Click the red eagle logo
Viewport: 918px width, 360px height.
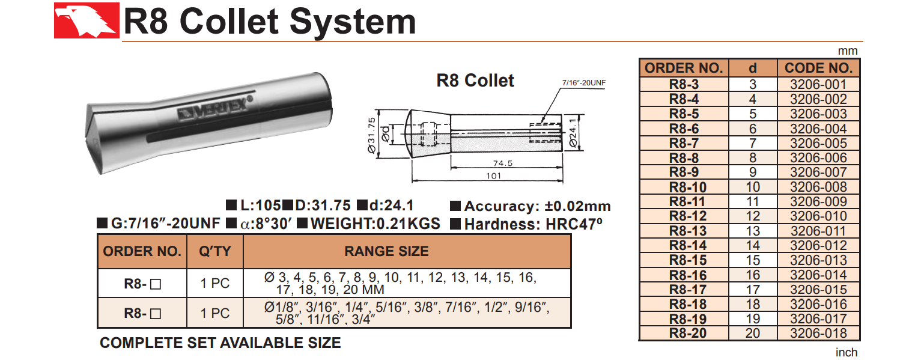(87, 20)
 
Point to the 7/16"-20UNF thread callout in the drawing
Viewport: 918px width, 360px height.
(583, 83)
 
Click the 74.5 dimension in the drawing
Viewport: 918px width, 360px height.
(502, 163)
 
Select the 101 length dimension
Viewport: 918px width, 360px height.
(494, 176)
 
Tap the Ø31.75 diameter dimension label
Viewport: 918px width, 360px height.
(371, 135)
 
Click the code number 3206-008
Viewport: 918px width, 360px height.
(818, 187)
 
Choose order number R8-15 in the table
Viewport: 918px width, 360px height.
(688, 260)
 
